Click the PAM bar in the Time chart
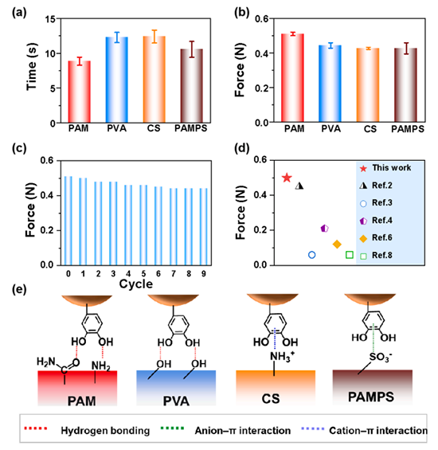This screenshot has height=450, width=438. (79, 92)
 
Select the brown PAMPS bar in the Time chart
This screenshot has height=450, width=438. (191, 86)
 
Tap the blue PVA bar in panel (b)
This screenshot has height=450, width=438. (330, 84)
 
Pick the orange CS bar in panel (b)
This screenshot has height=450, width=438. (368, 85)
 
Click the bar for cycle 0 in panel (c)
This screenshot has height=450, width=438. (68, 221)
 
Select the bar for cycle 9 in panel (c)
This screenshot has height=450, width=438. (204, 227)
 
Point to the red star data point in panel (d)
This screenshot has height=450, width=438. (287, 178)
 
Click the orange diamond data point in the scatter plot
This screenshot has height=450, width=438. (337, 245)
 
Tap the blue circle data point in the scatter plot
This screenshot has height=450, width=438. (311, 255)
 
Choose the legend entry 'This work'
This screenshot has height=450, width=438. (385, 168)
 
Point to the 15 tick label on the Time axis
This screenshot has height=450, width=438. (50, 19)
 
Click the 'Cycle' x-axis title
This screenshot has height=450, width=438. (135, 284)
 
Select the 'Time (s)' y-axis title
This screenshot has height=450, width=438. (32, 67)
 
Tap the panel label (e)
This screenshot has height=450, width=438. (19, 289)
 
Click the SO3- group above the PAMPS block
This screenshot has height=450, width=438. (381, 357)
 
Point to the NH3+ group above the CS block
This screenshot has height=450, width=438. (282, 357)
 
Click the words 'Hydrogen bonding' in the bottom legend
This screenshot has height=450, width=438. (105, 430)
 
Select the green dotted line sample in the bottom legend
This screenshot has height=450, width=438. (173, 428)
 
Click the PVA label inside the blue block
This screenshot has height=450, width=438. (176, 401)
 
